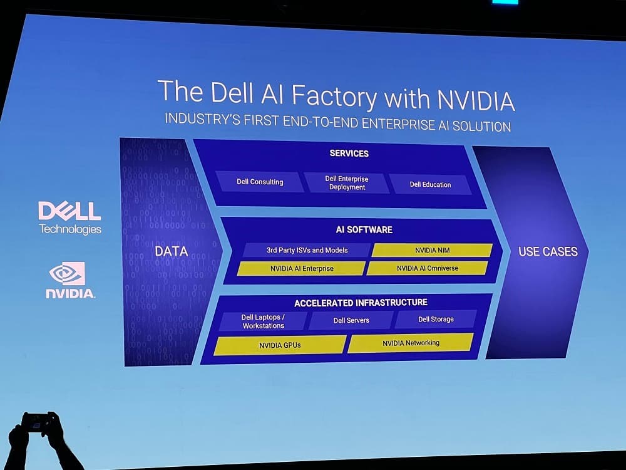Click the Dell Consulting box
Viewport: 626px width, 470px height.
tap(260, 182)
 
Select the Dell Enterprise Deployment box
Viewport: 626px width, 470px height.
tap(346, 183)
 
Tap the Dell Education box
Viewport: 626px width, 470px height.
tap(430, 184)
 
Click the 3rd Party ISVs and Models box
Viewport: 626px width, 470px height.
tap(307, 250)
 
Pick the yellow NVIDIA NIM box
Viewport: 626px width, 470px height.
tap(432, 250)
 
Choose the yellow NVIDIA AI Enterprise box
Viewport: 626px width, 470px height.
tap(301, 268)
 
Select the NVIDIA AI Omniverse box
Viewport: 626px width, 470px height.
tap(427, 268)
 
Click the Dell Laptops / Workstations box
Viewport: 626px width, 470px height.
tap(263, 321)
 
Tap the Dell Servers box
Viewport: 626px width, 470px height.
tap(351, 320)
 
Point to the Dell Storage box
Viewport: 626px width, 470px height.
tap(436, 319)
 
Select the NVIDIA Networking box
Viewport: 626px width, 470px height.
tap(411, 343)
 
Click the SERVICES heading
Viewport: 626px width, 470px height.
tap(349, 154)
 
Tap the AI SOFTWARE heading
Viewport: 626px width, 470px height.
tap(364, 230)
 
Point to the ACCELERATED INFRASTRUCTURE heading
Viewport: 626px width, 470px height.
tap(361, 303)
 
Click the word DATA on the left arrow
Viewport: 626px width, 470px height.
tap(171, 251)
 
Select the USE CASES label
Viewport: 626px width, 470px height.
tap(548, 252)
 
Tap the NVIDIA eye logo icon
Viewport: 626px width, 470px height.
tap(67, 273)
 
